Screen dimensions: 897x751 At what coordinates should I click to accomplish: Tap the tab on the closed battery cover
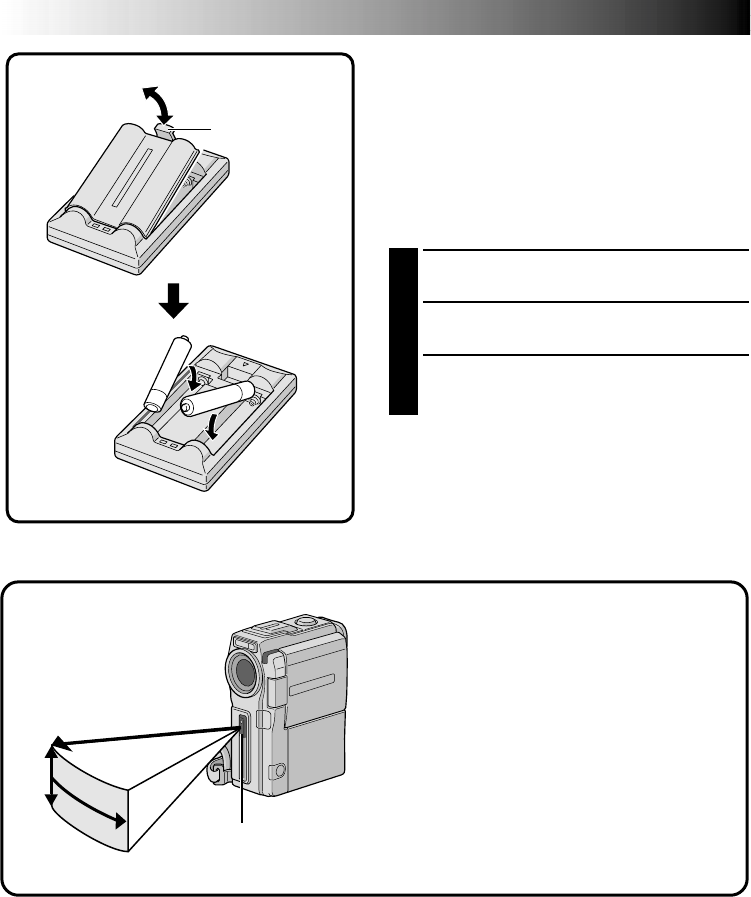pyautogui.click(x=167, y=128)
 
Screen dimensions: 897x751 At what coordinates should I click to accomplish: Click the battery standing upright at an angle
pyautogui.click(x=165, y=373)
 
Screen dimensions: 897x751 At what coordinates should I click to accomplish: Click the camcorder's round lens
pyautogui.click(x=246, y=667)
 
